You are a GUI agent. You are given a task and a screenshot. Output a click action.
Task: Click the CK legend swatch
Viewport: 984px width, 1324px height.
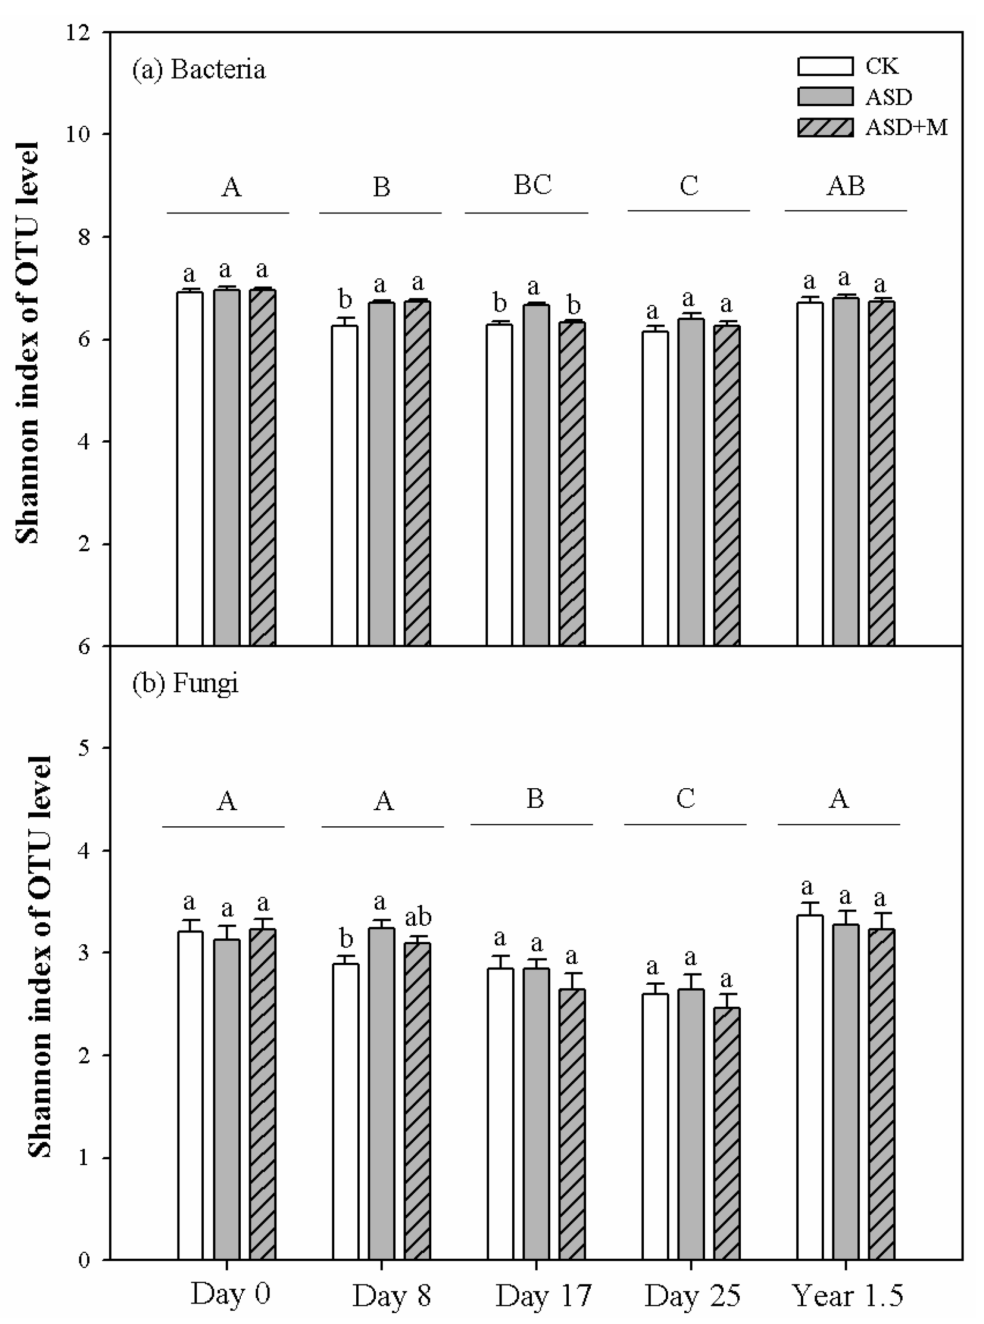pos(825,66)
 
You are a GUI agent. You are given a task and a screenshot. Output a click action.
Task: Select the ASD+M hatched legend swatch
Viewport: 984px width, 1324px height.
pos(825,128)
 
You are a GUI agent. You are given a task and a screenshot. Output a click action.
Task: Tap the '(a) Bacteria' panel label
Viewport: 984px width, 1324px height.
pos(199,70)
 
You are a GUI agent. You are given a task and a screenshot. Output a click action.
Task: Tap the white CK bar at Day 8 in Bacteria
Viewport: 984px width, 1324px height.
pos(345,486)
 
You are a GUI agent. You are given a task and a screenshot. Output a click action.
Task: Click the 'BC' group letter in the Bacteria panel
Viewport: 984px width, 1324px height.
pos(533,185)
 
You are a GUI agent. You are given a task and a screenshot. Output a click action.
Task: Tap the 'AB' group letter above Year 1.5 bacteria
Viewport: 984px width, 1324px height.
pos(846,187)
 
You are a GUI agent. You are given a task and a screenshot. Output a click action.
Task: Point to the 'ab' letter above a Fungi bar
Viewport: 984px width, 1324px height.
pos(418,917)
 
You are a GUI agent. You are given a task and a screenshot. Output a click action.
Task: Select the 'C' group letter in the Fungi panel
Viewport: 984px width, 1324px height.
pos(686,798)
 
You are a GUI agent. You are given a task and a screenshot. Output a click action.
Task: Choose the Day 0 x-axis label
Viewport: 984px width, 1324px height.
pos(231,1295)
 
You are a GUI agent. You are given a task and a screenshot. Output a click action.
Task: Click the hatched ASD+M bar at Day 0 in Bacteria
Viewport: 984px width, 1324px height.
pos(263,468)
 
